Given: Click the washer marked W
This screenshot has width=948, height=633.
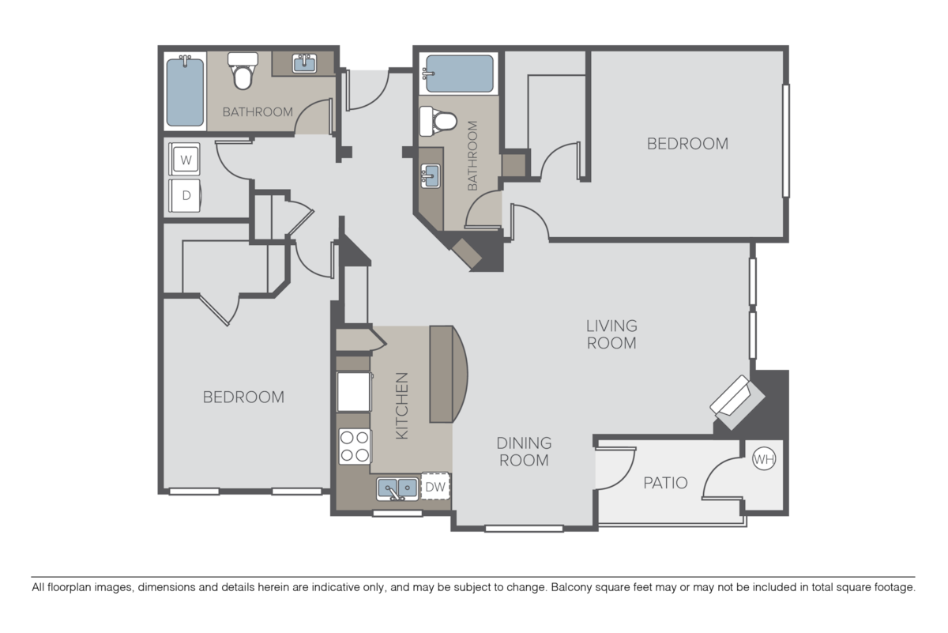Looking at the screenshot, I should [x=186, y=160].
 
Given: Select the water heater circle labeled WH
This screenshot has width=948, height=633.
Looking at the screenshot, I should [x=763, y=458].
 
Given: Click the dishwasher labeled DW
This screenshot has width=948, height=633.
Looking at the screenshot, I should [x=435, y=488].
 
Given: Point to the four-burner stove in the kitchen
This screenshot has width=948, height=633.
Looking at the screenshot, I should [x=354, y=446].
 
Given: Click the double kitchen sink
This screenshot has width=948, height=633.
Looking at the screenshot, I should [x=397, y=489].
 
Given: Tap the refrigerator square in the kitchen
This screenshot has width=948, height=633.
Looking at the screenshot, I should [x=354, y=392].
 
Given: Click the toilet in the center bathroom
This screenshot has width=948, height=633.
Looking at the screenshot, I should [x=438, y=121].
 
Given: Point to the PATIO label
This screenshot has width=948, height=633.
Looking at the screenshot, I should [x=664, y=482].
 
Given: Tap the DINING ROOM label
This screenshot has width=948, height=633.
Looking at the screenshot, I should [x=524, y=451].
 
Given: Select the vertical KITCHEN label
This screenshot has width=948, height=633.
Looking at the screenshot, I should [x=401, y=406].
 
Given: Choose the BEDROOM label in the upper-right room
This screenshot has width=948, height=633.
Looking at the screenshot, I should [x=687, y=144].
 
